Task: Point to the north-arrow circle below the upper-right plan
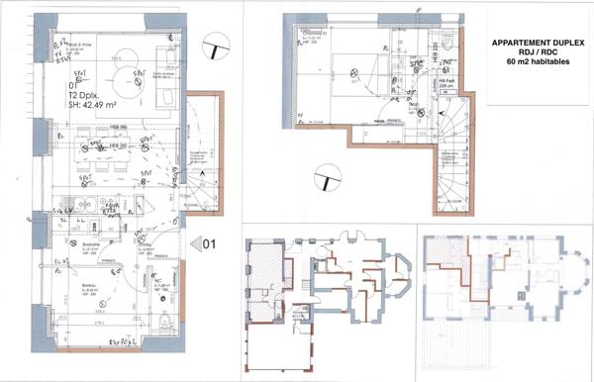tap(323, 179)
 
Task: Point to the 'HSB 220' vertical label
tap(433, 55)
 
